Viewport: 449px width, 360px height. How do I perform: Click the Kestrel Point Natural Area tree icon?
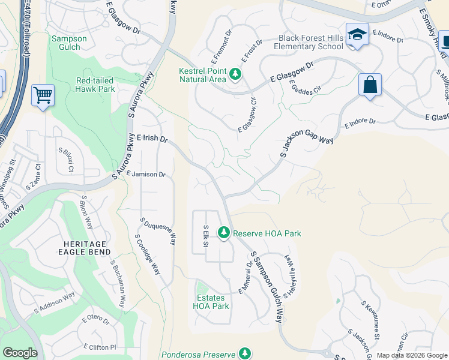(236, 75)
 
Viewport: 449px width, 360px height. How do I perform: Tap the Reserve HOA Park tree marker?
(224, 232)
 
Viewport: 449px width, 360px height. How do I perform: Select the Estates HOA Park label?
(211, 301)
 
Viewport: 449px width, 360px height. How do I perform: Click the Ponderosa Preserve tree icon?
(244, 353)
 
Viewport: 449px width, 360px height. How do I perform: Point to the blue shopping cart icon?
(43, 95)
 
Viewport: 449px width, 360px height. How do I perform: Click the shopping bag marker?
(370, 86)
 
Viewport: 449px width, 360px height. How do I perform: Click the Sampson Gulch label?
(70, 43)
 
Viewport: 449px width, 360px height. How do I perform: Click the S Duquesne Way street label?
(158, 230)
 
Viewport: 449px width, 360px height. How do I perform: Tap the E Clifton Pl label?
(100, 347)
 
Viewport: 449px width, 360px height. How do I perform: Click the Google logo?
(20, 353)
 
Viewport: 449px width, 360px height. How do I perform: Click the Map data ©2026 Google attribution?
(412, 355)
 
